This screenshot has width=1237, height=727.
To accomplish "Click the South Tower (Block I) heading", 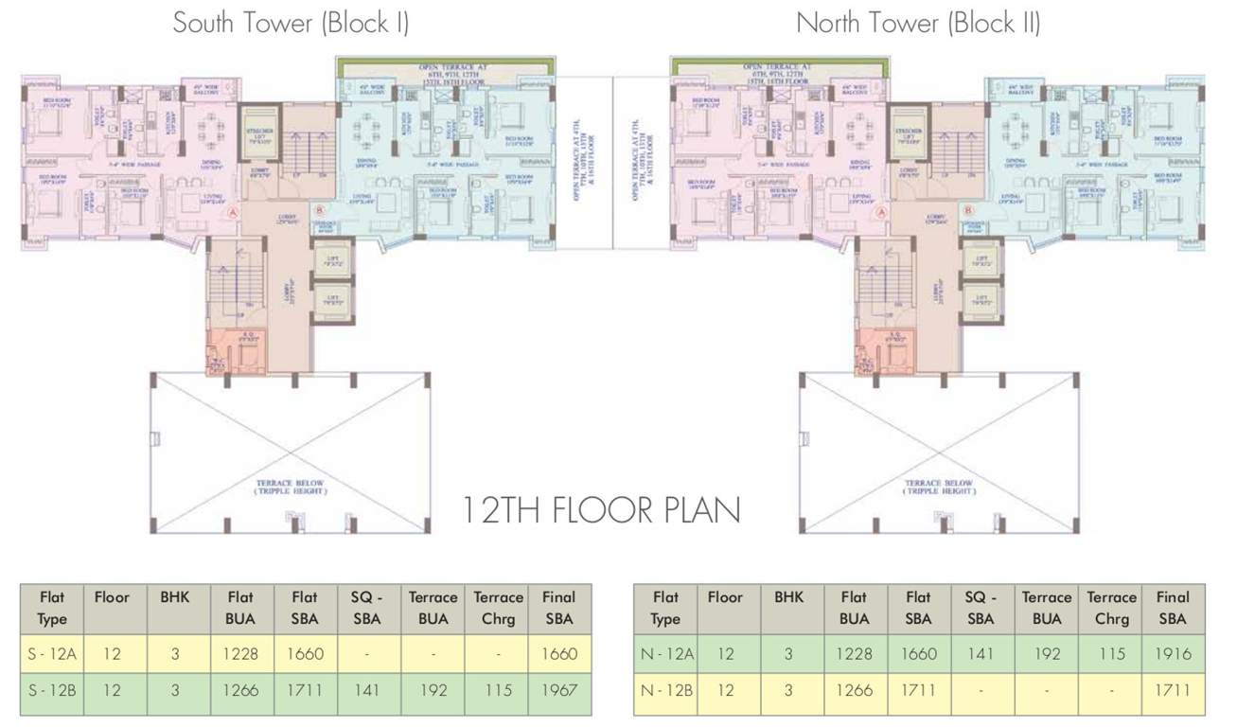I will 290,23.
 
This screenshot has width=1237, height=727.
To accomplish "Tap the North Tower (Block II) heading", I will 917,23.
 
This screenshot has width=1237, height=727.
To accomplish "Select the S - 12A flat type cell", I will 52,653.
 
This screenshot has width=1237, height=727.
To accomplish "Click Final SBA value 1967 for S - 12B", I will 559,690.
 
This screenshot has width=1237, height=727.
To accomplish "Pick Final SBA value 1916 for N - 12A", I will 1173,653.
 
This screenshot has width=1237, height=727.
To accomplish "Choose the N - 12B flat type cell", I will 665,690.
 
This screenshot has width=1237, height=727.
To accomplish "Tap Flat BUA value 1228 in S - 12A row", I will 240,653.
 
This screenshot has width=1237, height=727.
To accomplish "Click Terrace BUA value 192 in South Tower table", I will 433,690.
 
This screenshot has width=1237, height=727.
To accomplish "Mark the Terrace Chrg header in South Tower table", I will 498,608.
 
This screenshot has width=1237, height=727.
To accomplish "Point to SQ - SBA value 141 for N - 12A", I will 980,653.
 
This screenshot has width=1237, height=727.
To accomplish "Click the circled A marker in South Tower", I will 232,215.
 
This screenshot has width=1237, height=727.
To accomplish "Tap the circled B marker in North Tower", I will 967,210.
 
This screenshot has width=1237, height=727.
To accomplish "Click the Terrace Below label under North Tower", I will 939,488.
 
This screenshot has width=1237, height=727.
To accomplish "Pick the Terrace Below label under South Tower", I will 288,488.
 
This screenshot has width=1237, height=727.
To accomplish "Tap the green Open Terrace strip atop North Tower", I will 780,66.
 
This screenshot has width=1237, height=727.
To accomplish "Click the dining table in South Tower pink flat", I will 206,128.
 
